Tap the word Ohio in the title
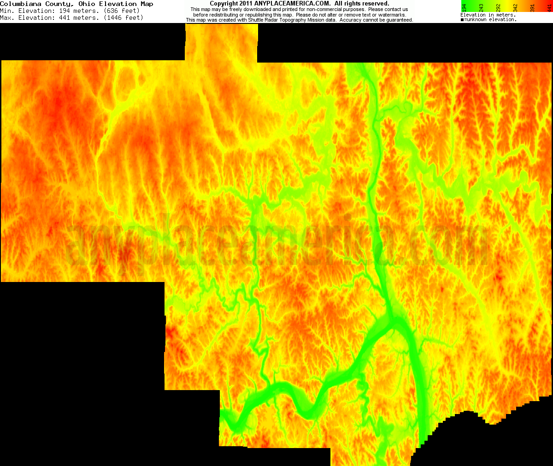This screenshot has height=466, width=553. click(x=87, y=4)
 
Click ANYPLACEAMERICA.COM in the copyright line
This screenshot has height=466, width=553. click(x=292, y=4)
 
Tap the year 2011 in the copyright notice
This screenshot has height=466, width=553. click(x=245, y=4)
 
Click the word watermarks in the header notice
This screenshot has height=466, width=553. click(x=392, y=15)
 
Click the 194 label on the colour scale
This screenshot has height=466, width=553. click(x=465, y=7)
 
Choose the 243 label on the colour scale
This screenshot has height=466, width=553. click(x=482, y=7)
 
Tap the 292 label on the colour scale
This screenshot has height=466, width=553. click(x=499, y=7)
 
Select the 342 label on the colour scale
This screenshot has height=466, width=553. click(x=516, y=7)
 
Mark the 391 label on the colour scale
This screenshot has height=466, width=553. click(x=533, y=7)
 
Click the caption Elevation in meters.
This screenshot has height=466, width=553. click(x=488, y=15)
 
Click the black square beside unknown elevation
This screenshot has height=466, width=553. click(x=462, y=20)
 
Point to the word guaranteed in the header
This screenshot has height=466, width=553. click(x=399, y=20)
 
